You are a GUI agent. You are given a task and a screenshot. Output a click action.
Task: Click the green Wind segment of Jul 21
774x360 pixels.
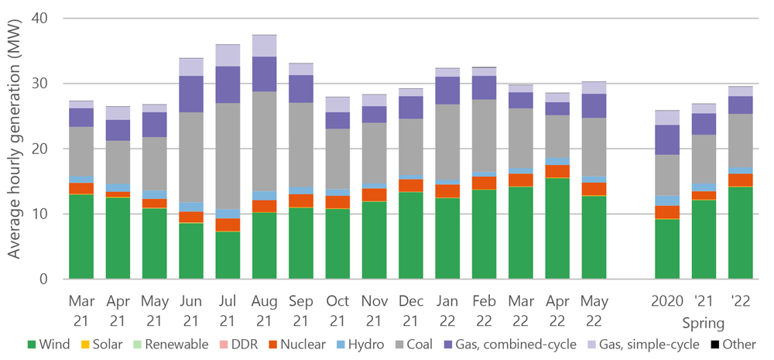(x=228, y=255)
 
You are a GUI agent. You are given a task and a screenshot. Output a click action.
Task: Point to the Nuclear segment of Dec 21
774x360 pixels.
(x=411, y=185)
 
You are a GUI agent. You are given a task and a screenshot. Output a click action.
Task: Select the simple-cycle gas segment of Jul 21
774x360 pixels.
(x=228, y=55)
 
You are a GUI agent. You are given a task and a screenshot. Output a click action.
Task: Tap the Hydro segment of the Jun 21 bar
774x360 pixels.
(x=191, y=207)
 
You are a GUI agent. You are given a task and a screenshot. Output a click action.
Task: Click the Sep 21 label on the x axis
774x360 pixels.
(x=301, y=309)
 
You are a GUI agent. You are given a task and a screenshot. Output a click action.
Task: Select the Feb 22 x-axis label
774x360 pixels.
(x=484, y=309)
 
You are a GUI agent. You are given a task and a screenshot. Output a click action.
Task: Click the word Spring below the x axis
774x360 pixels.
(x=704, y=322)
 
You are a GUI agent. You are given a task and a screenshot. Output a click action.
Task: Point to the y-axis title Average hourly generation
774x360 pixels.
(x=15, y=147)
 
